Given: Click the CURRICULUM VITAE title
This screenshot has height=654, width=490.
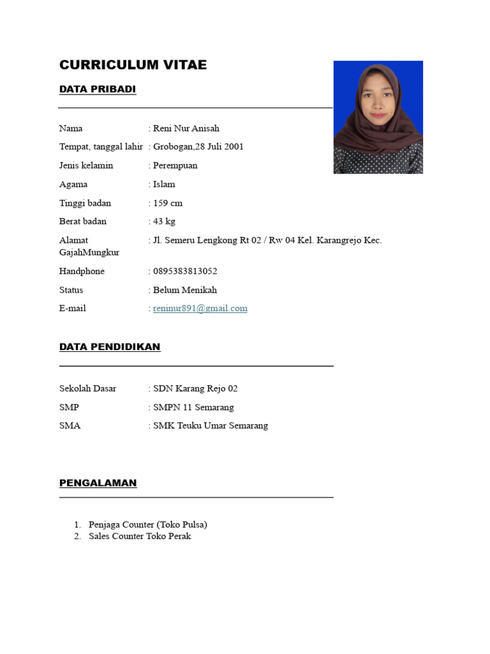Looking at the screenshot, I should [x=133, y=65].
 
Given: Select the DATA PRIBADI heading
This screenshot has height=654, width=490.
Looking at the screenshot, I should [x=98, y=89].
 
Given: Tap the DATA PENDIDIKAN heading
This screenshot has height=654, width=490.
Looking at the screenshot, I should [x=110, y=347].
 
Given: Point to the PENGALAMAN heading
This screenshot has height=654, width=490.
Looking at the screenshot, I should [x=98, y=483].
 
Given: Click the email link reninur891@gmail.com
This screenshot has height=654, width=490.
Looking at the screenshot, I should [x=200, y=308].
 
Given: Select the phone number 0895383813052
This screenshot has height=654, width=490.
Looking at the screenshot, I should [x=185, y=271].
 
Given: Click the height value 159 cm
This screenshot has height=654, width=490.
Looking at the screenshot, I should [x=168, y=203].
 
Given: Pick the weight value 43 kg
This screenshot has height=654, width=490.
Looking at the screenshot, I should [x=164, y=222].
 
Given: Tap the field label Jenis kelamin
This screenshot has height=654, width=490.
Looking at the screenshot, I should [x=86, y=165].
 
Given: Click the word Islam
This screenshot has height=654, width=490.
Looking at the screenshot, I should [x=164, y=185].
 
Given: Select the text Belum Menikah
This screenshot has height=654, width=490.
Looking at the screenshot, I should [x=185, y=290].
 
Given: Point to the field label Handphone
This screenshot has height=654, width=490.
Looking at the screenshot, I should [x=82, y=271].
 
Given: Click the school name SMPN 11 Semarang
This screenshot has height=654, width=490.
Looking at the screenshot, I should [x=193, y=407].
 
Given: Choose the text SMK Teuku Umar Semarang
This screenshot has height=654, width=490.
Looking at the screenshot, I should [x=211, y=426].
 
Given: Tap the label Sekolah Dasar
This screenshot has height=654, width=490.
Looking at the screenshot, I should [x=88, y=388].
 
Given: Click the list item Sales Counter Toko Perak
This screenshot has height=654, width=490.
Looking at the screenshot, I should [x=140, y=536].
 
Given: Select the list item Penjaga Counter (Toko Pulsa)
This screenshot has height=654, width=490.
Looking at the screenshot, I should [x=148, y=524].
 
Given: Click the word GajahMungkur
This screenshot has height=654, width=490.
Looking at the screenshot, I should [x=89, y=252].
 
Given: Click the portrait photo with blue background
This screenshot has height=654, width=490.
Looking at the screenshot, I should [x=378, y=117].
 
